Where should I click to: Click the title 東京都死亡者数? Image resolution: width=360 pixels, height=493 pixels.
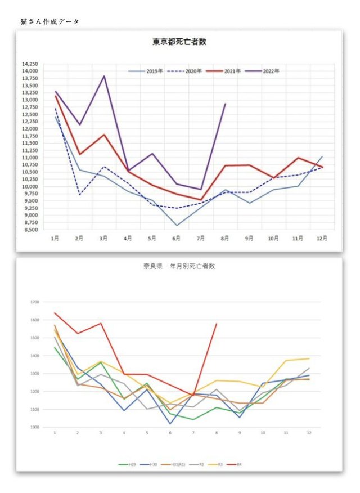(x=180, y=42)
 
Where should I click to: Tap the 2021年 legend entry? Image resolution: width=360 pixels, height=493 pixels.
(x=228, y=71)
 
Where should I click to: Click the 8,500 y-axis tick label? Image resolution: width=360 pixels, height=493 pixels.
(x=31, y=229)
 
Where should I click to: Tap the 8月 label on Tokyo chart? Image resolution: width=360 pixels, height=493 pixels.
(x=224, y=239)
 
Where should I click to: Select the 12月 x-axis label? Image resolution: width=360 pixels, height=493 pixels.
(x=322, y=239)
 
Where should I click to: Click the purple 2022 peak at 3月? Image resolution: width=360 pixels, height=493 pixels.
(x=104, y=76)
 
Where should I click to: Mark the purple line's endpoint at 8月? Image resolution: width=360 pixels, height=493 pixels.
(x=225, y=104)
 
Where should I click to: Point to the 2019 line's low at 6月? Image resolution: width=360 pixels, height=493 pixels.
(x=177, y=226)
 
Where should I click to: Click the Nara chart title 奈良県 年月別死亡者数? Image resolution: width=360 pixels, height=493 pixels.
(x=179, y=266)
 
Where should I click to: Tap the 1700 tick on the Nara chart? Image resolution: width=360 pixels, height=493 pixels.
(x=34, y=302)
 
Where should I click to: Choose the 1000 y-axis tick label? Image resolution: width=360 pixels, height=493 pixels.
(x=34, y=427)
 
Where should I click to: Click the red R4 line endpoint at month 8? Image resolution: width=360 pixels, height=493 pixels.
(x=217, y=324)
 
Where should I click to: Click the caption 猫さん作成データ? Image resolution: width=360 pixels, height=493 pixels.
(x=49, y=21)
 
